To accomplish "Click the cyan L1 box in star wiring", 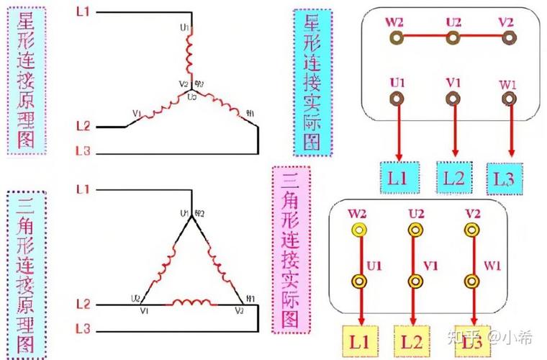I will pyautogui.click(x=399, y=177).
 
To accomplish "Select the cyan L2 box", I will pyautogui.click(x=454, y=177).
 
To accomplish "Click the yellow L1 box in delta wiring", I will pyautogui.click(x=358, y=340).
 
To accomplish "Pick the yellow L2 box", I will pyautogui.click(x=414, y=340).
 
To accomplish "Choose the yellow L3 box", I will pyautogui.click(x=473, y=340).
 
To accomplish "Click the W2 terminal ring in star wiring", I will pyautogui.click(x=395, y=37).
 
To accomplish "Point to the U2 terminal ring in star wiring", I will pyautogui.click(x=453, y=37).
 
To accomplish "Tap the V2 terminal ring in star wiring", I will pyautogui.click(x=509, y=37).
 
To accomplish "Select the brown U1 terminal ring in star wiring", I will pyautogui.click(x=396, y=98).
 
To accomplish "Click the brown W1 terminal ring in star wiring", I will pyautogui.click(x=510, y=100).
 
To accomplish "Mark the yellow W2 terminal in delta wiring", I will pyautogui.click(x=357, y=230).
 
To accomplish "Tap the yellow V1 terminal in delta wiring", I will pyautogui.click(x=414, y=280).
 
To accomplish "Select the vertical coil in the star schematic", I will pyautogui.click(x=191, y=55).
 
